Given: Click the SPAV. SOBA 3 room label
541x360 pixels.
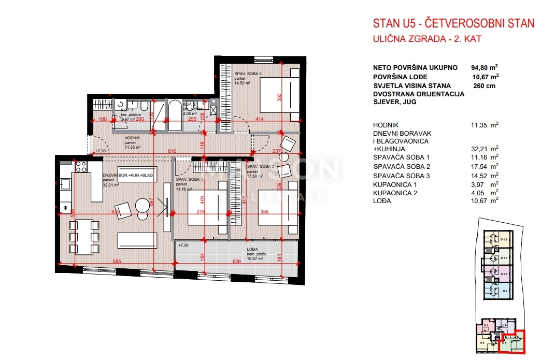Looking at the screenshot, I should coord(248,74).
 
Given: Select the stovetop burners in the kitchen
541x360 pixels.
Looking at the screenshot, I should coord(81,166).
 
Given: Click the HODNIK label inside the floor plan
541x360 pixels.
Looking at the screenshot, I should coord(133,138).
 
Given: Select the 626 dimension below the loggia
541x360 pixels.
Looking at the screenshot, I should coord(238,262).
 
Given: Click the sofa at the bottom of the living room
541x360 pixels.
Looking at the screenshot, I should coord(137,240).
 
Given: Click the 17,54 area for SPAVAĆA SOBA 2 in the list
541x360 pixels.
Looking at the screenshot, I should coord(481,167).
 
